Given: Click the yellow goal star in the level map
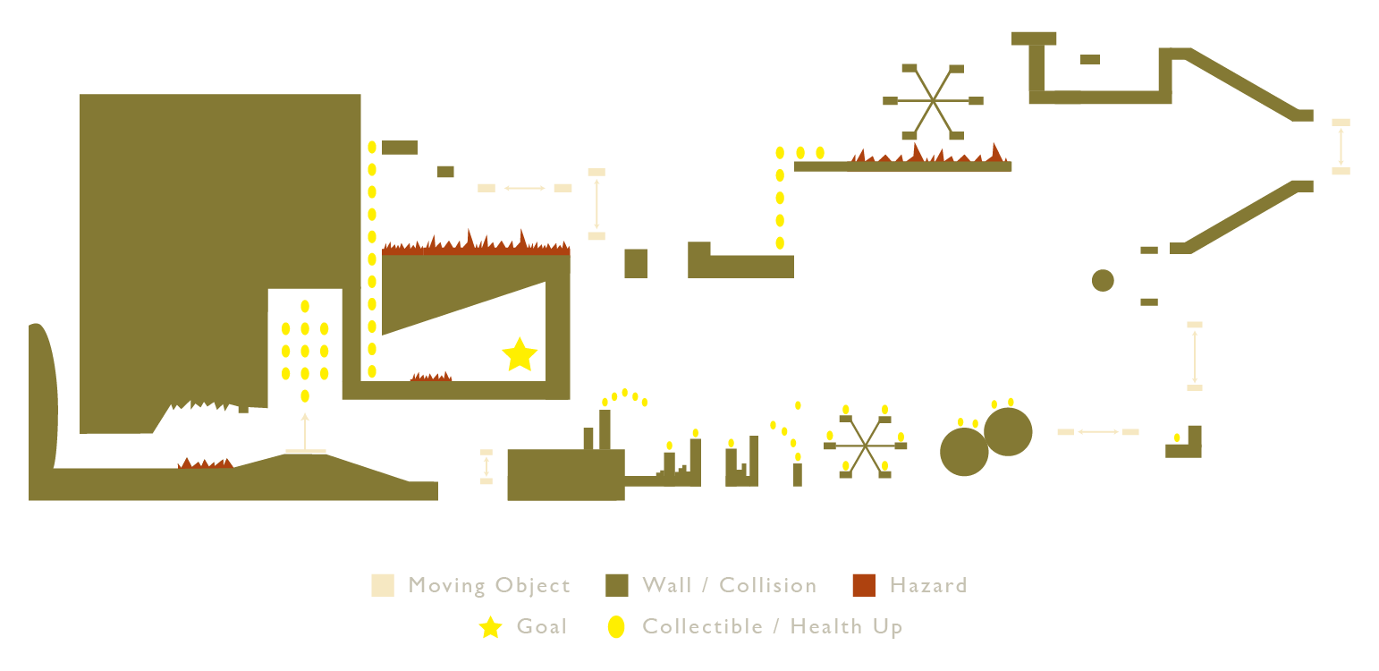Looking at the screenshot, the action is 520,355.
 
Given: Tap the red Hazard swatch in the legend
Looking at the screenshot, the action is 864,585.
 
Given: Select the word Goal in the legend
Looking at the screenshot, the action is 542,626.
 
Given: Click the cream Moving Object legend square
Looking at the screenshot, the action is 382,585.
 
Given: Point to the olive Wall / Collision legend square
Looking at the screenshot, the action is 617,585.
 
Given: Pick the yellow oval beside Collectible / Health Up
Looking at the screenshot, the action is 616,626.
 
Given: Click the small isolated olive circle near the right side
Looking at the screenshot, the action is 1103,280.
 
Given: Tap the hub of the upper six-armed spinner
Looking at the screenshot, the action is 934,100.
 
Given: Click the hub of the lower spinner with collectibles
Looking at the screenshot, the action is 865,445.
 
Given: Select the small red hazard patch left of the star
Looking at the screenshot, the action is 431,377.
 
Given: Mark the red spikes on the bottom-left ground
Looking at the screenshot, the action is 206,464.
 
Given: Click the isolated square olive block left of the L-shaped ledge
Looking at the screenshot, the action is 636,264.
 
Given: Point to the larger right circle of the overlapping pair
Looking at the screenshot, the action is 1008,431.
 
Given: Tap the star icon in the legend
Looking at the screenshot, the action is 491,627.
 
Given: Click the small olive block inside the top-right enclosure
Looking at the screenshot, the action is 1089,59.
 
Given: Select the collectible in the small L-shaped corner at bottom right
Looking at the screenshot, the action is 1177,437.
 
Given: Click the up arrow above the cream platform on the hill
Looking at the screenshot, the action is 305,432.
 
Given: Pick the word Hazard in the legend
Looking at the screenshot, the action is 928,585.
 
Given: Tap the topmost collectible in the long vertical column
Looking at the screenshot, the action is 372,148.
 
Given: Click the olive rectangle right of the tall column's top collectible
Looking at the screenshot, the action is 400,148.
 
